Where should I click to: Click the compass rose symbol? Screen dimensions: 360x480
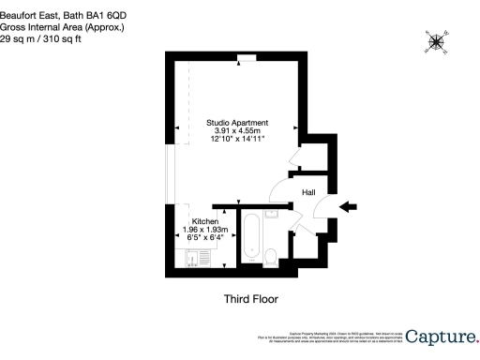point(436,40)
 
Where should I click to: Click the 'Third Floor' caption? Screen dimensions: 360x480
point(250,299)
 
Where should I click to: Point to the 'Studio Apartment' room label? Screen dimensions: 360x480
point(238,123)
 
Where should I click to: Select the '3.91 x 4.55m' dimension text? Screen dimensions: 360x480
point(238,132)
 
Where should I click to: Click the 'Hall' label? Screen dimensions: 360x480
point(307,193)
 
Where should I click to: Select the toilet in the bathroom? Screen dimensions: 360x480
point(270,258)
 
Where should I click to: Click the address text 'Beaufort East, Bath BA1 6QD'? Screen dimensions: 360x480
point(59,7)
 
